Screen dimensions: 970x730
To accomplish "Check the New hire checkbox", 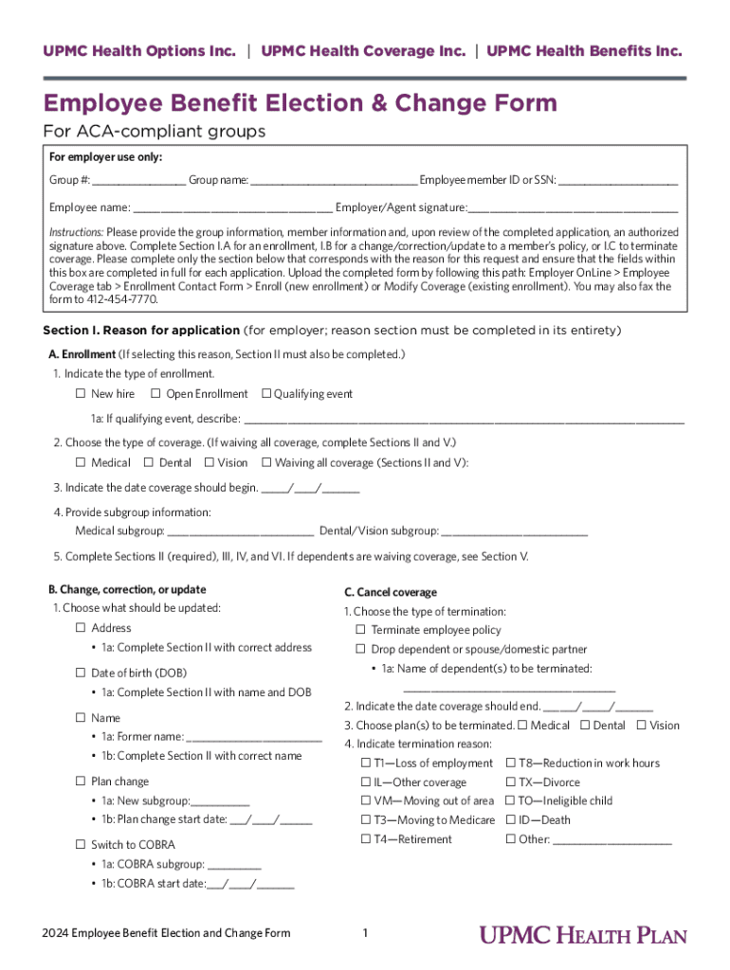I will point(81,394).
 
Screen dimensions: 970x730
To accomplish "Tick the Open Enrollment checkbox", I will point(156,394).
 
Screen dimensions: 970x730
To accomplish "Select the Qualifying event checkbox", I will point(266,394).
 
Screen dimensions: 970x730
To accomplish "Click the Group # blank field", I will point(138,181).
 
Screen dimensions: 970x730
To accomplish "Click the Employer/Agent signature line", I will point(573,207).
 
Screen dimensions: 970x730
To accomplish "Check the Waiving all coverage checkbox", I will point(266,463).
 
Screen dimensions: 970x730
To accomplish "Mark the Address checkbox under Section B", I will point(81,628).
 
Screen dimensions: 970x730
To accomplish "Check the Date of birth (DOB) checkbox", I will point(81,673).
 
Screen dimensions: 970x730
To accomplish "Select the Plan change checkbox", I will point(81,781).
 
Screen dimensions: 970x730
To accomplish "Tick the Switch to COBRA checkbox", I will point(81,844).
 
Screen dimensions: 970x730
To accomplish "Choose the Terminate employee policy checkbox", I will point(360,630).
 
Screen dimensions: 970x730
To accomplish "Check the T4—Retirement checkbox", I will point(365,839).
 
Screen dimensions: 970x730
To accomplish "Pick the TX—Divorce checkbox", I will point(511,782).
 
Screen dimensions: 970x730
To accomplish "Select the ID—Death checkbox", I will point(511,820).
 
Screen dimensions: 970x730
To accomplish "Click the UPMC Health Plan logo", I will point(582,935).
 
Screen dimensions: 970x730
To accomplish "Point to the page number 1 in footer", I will point(365,934).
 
